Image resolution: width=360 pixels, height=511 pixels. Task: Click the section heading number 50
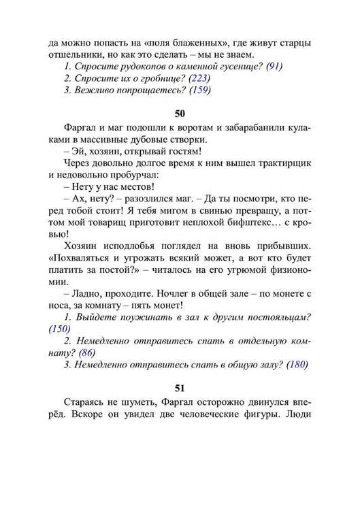(180, 113)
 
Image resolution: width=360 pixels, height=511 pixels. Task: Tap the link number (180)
(297, 365)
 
